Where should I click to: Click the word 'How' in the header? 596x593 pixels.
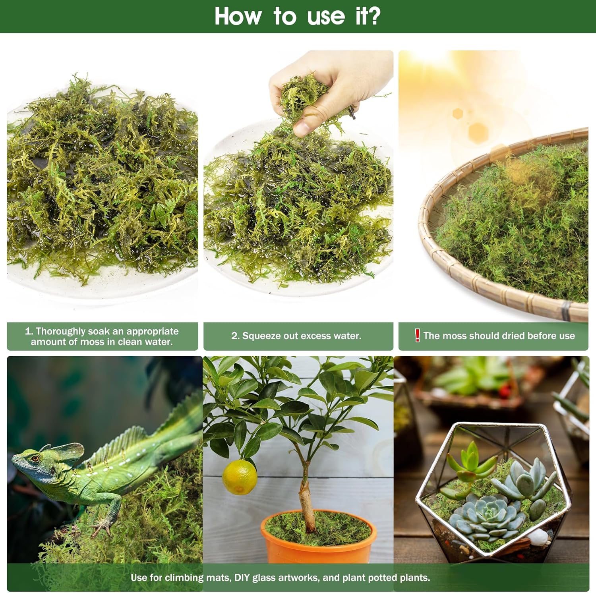coord(238,16)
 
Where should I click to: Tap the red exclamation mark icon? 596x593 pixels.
coord(417,335)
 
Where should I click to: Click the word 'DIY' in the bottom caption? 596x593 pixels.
coord(242,578)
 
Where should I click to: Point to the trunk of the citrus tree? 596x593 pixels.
coord(308,493)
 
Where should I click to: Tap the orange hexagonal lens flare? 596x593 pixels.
coord(478,132)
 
